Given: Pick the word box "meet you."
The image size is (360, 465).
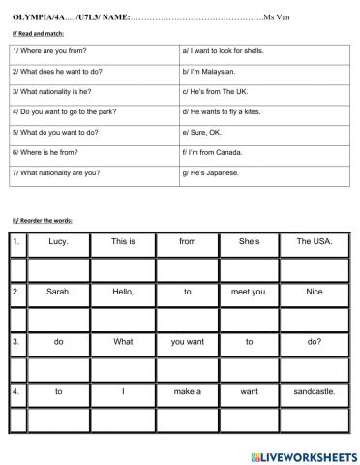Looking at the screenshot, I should point(249,291).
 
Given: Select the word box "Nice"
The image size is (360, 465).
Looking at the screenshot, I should point(313,291).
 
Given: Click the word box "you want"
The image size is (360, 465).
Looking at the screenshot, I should point(187,341).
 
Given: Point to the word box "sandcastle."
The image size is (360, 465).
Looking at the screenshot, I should point(313,391).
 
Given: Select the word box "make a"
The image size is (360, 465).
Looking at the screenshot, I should point(187,391).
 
